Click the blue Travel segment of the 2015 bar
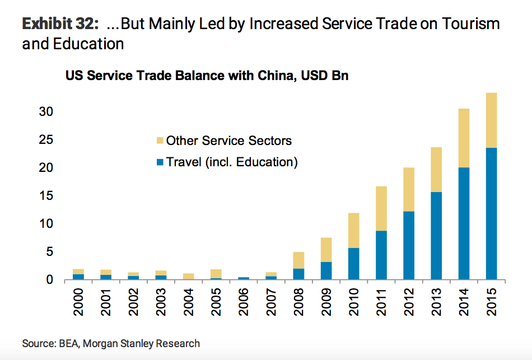pos(491,213)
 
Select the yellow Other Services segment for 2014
pos(464,138)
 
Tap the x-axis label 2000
pos(79,302)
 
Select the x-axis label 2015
pos(491,302)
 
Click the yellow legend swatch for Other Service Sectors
pos(160,141)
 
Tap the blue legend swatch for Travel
pos(160,162)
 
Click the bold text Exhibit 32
pos(60,24)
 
